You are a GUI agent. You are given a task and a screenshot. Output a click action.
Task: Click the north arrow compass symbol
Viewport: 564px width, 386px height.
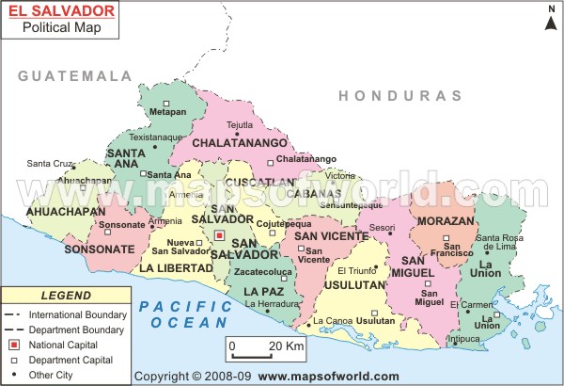(551, 17)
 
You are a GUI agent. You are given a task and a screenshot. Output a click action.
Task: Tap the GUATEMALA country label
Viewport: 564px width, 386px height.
(76, 75)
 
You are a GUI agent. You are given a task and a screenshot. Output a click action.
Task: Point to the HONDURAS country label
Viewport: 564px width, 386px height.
(400, 96)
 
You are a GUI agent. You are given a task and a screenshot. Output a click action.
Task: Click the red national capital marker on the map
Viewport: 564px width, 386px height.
(219, 235)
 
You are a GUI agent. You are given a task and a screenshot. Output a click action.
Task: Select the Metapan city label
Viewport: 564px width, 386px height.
(168, 112)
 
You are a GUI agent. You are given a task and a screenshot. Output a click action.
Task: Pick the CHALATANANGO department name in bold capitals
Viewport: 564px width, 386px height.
(241, 143)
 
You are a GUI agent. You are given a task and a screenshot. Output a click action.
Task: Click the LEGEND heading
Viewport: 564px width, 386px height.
(66, 296)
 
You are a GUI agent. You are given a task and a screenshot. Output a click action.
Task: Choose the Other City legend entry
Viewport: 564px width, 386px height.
(53, 374)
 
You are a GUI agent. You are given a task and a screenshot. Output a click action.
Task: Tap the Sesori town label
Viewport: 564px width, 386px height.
(382, 227)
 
